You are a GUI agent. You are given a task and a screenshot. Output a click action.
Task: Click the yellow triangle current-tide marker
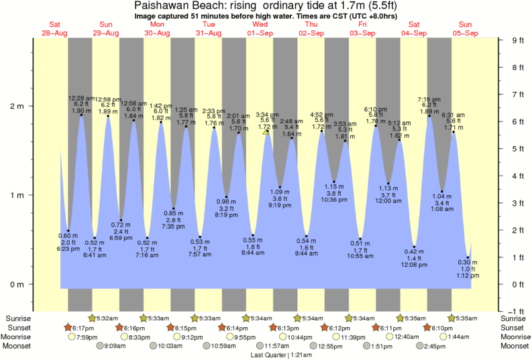tap(266, 132)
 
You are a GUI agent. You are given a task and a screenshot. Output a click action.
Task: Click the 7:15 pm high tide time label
tap(429, 99)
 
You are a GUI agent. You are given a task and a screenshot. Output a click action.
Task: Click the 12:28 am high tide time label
tap(81, 99)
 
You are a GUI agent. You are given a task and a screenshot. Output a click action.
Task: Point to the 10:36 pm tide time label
tap(334, 200)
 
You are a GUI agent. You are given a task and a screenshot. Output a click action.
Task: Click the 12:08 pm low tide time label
tap(415, 265)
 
